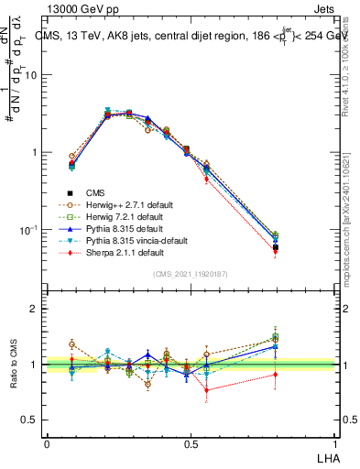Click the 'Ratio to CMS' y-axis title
(x=12, y=365)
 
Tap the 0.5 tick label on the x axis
(x=191, y=443)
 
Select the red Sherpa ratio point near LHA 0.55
(x=206, y=390)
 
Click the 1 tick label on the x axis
(x=335, y=443)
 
